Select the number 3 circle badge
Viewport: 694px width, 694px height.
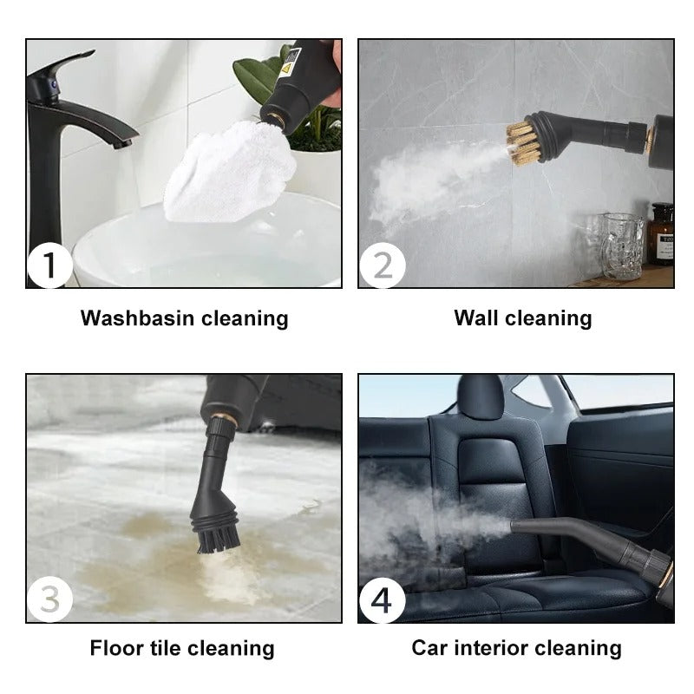pos(49,599)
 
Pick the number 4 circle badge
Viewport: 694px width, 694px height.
pos(382,599)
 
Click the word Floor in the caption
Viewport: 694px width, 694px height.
pos(118,648)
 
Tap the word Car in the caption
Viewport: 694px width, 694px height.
pos(431,648)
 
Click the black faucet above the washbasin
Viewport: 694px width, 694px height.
pos(61,121)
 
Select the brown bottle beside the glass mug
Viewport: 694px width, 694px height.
pos(660,233)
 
